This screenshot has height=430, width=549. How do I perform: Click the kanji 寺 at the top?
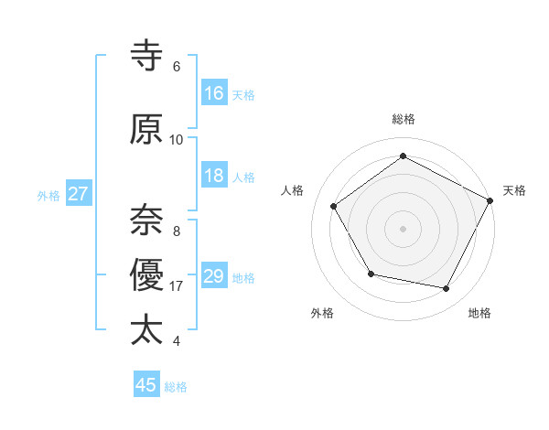click(147, 58)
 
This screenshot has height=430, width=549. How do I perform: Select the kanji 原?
click(147, 130)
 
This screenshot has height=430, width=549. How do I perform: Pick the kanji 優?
click(147, 274)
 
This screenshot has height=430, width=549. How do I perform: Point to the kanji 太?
click(147, 329)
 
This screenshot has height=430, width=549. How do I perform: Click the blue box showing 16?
click(214, 93)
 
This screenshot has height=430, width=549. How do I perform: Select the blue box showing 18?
click(214, 176)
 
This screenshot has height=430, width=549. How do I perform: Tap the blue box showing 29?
click(214, 276)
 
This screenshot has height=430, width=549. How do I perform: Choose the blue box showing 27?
click(78, 194)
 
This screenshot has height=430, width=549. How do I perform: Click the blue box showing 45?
click(146, 385)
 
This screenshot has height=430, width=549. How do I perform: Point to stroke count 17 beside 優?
click(177, 286)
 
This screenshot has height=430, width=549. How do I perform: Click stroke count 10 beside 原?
click(177, 140)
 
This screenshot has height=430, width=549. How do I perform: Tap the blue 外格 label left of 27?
click(48, 195)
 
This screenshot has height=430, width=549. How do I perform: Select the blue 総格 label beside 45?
click(176, 386)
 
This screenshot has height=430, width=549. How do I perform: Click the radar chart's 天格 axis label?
click(514, 190)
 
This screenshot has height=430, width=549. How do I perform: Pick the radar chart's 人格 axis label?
click(293, 190)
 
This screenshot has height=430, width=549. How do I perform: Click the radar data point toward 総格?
click(403, 156)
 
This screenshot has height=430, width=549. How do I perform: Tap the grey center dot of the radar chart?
click(403, 228)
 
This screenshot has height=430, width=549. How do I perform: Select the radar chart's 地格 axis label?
click(479, 313)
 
